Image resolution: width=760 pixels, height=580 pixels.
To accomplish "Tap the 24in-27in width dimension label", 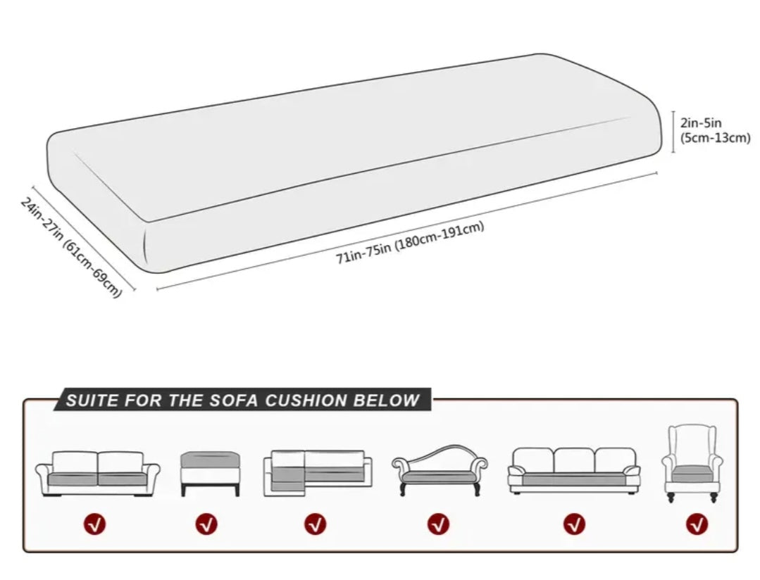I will [71, 246].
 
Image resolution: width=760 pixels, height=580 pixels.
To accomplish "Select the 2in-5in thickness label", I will [700, 123].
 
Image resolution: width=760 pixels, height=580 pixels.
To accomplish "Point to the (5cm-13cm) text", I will [714, 137].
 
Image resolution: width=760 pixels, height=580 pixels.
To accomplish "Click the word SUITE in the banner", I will [92, 401].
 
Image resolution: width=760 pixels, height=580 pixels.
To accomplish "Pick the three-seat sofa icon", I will [574, 470].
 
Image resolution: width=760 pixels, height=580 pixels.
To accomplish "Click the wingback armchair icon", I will [692, 462].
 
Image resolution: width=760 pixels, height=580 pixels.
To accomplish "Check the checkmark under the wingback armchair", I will [697, 524].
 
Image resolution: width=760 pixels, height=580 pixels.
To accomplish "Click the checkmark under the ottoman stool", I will [207, 524].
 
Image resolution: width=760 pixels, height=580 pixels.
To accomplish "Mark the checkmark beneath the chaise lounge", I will [439, 524].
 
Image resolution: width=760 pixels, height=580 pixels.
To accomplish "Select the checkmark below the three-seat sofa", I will [575, 524].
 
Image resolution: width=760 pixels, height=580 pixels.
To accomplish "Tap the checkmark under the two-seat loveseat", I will [94, 524].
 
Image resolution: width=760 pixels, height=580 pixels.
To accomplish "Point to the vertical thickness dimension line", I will [673, 131].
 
